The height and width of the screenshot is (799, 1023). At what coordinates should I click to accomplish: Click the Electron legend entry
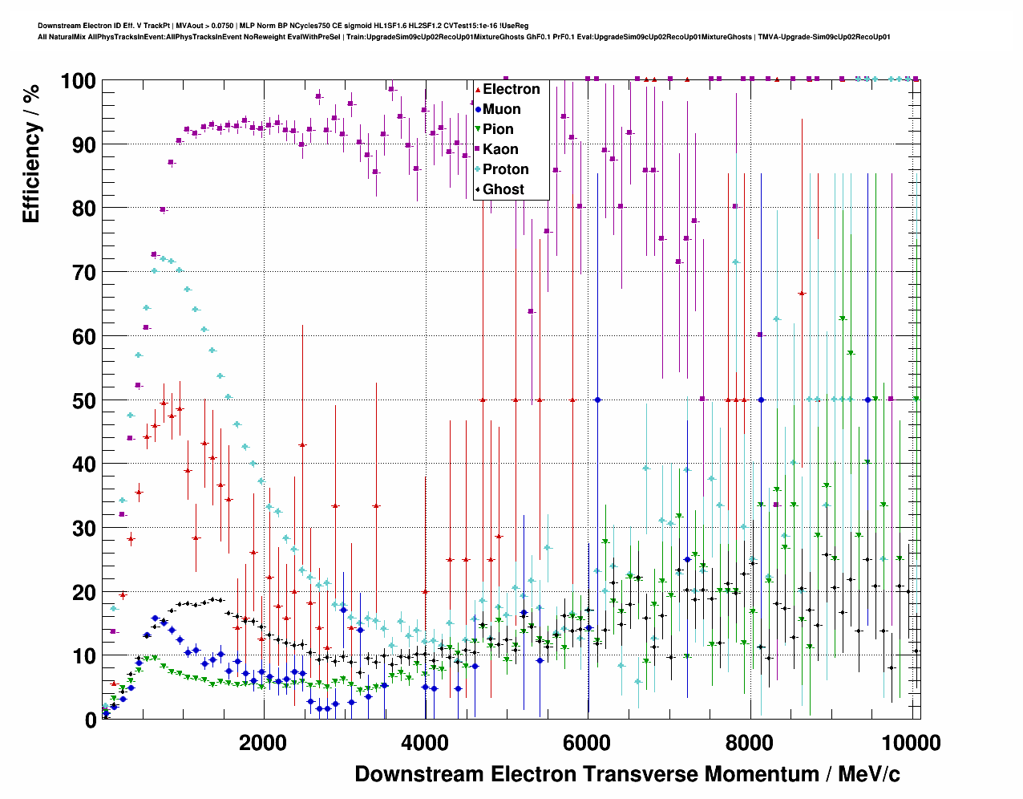click(511, 89)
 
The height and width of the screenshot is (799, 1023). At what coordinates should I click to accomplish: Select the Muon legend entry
click(501, 109)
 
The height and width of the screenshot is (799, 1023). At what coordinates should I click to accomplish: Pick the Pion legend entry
click(498, 129)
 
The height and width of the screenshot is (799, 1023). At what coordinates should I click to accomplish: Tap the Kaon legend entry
click(500, 149)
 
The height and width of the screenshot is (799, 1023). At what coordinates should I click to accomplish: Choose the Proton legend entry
click(505, 169)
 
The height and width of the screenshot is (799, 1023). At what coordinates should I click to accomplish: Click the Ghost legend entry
click(503, 189)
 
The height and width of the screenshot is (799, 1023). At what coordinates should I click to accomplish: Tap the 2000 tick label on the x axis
click(262, 742)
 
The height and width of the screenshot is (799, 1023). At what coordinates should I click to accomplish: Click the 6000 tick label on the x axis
click(587, 742)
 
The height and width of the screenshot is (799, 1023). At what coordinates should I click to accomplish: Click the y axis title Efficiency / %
click(31, 152)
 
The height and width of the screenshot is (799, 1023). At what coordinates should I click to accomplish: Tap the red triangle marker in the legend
click(478, 89)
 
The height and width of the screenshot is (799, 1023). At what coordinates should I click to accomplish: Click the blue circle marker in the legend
click(478, 109)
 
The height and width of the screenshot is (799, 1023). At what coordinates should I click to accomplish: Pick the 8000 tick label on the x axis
click(750, 742)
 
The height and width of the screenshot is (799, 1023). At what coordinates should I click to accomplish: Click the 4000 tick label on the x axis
click(425, 742)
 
